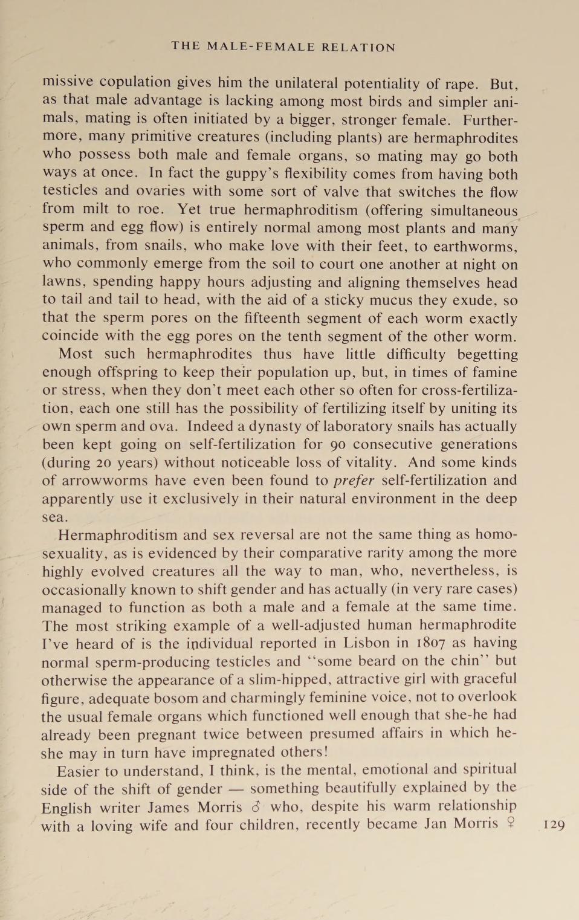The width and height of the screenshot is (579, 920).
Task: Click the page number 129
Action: (554, 824)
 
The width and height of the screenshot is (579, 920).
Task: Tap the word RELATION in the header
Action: (358, 47)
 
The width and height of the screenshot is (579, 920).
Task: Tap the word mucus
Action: (372, 300)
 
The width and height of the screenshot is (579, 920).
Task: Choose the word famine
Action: (493, 372)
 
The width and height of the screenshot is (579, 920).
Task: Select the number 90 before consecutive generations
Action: (337, 444)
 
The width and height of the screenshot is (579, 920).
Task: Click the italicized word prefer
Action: (354, 481)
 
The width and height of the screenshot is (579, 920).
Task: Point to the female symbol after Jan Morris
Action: (511, 823)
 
